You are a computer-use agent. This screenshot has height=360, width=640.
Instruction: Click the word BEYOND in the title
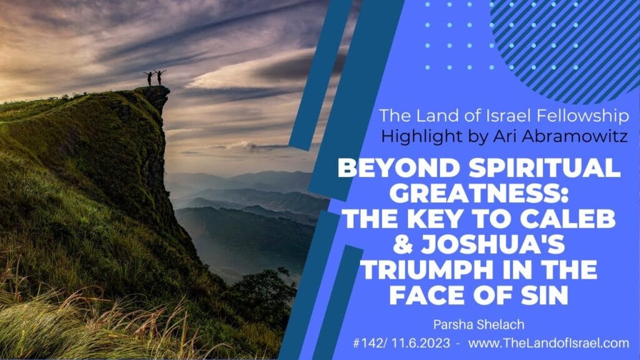point(392,167)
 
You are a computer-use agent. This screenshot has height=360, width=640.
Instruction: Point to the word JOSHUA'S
point(493,244)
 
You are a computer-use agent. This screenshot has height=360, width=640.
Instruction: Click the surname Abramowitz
point(561,136)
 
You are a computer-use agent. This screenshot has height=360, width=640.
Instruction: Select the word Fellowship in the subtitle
point(582,116)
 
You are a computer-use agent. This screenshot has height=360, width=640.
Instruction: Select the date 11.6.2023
point(421,343)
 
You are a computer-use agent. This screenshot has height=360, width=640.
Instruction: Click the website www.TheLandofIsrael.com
point(549,343)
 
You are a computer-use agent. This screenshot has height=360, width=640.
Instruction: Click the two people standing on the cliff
point(155,77)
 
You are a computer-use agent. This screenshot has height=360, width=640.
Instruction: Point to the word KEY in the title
point(436,219)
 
